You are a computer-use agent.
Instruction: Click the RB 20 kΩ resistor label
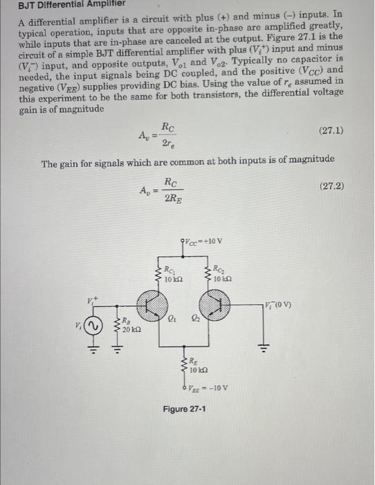click(x=130, y=326)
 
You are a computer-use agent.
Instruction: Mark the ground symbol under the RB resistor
click(x=116, y=347)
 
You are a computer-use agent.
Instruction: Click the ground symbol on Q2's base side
click(x=264, y=347)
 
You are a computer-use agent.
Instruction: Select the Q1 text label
click(x=172, y=317)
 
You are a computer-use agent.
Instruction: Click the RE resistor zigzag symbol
click(x=185, y=364)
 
